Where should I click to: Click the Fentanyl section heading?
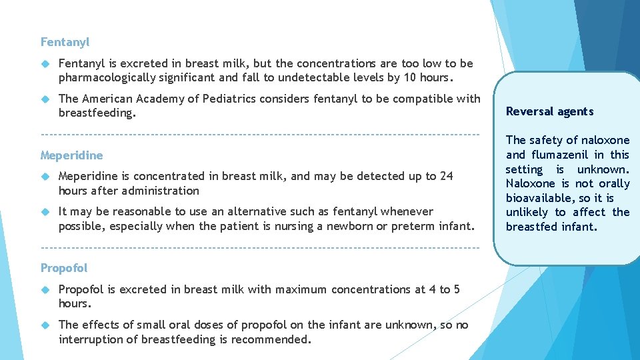pos(65,42)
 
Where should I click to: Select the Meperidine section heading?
pos(71,155)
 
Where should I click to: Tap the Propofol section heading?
pos(64,268)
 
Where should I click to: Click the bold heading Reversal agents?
pos(549,111)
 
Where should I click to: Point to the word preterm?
pos(413,226)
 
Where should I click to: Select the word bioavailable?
pos(540,198)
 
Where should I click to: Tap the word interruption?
pos(89,339)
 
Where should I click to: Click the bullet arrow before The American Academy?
pos(45,99)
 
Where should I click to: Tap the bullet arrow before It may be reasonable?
pos(45,211)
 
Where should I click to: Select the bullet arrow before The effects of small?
pos(45,325)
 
